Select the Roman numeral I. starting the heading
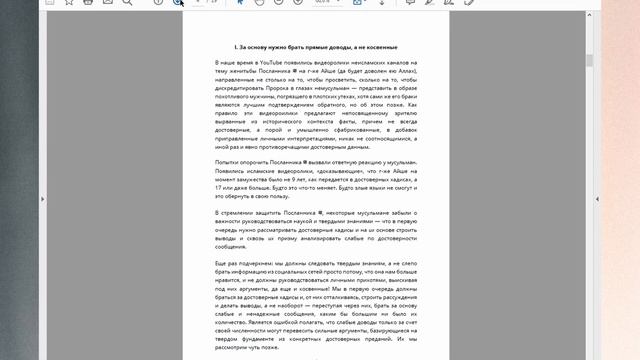pos(235,46)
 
